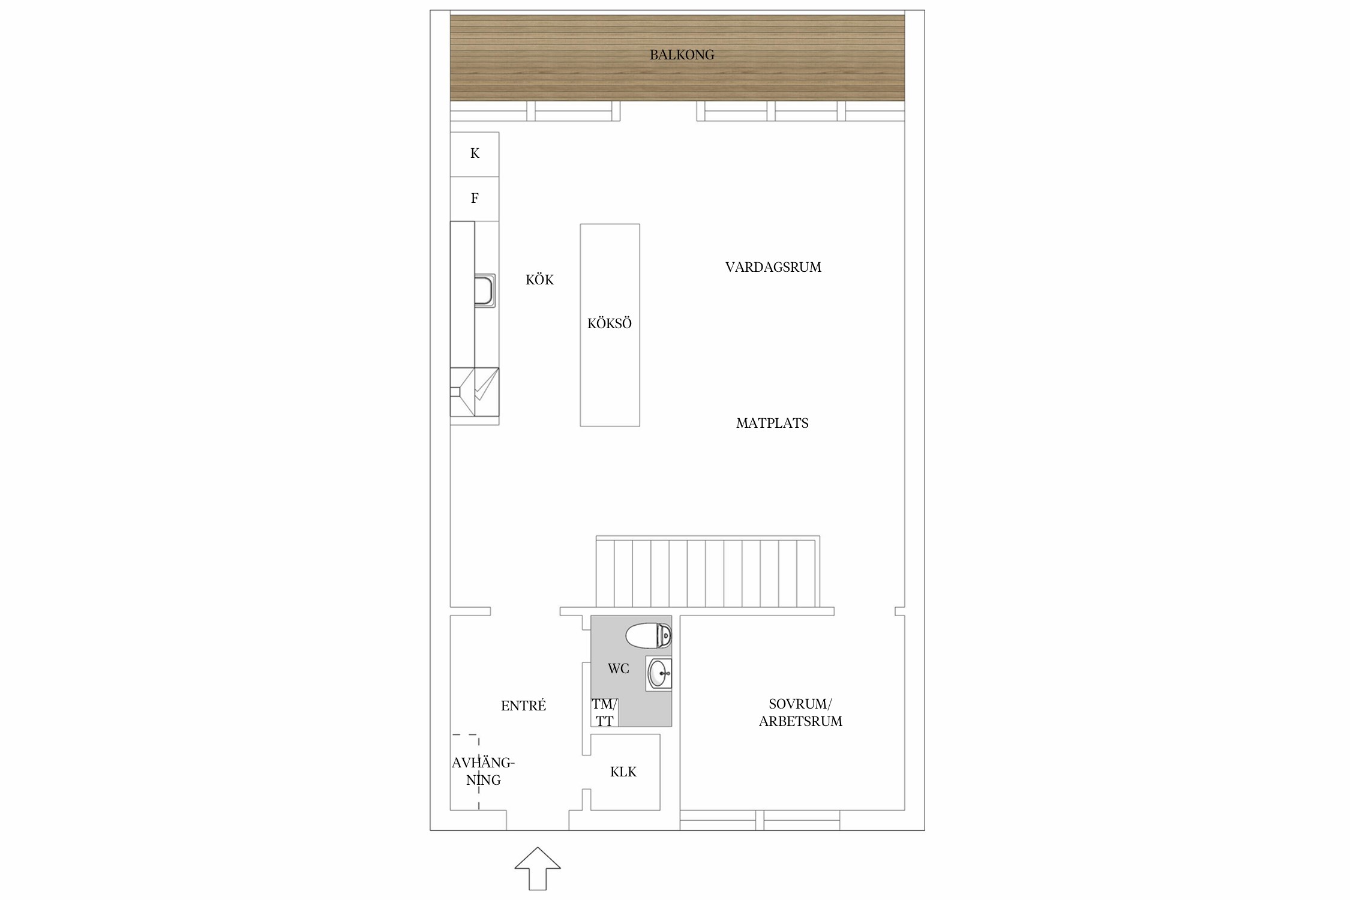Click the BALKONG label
(x=682, y=55)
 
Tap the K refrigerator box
(x=475, y=154)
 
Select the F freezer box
(x=475, y=199)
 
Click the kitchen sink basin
(x=485, y=291)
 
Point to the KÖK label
(x=539, y=280)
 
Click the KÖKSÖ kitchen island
(x=610, y=325)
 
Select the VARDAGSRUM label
(x=773, y=268)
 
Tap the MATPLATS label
(x=772, y=423)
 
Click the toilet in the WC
(x=648, y=636)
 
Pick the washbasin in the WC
(x=659, y=674)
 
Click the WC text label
(x=618, y=668)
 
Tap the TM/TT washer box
(x=605, y=712)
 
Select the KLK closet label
(x=623, y=772)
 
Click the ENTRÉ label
(x=523, y=706)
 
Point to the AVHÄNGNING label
(x=483, y=772)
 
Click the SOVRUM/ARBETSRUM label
(x=800, y=713)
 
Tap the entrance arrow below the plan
(x=538, y=868)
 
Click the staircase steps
(x=708, y=574)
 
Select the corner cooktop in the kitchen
(x=475, y=392)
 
